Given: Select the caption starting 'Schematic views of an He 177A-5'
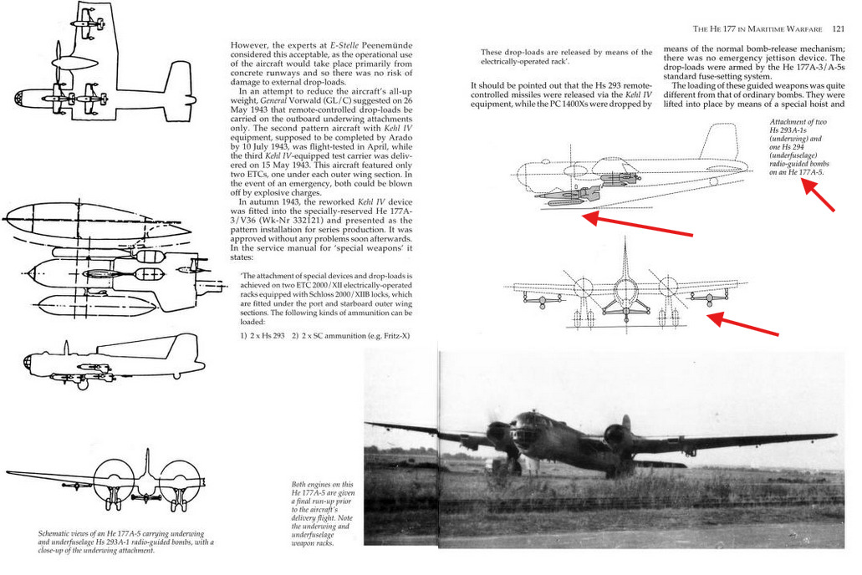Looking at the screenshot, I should pos(125,542).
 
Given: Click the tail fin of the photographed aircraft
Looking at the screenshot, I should pos(625,423).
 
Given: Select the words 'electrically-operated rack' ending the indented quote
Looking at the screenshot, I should pos(526,62).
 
